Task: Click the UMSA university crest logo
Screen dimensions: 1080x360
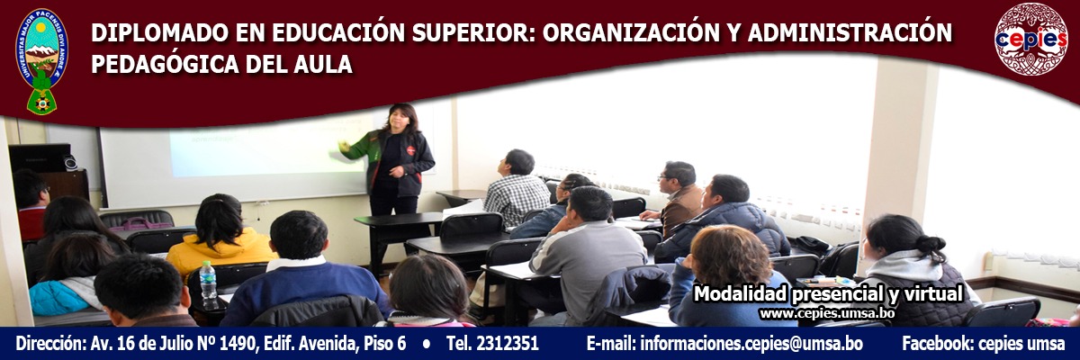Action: (x=42, y=61)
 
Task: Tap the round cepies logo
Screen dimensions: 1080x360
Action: (x=1030, y=39)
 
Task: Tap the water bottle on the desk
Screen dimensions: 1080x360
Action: (x=208, y=285)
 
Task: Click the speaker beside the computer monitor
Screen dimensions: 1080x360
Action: (x=70, y=162)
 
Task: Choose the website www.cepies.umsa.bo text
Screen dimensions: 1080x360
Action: (x=827, y=314)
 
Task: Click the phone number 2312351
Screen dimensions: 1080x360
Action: (x=508, y=343)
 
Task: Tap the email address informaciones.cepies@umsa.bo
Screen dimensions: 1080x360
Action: (x=751, y=344)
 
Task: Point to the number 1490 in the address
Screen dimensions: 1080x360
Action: (x=237, y=344)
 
